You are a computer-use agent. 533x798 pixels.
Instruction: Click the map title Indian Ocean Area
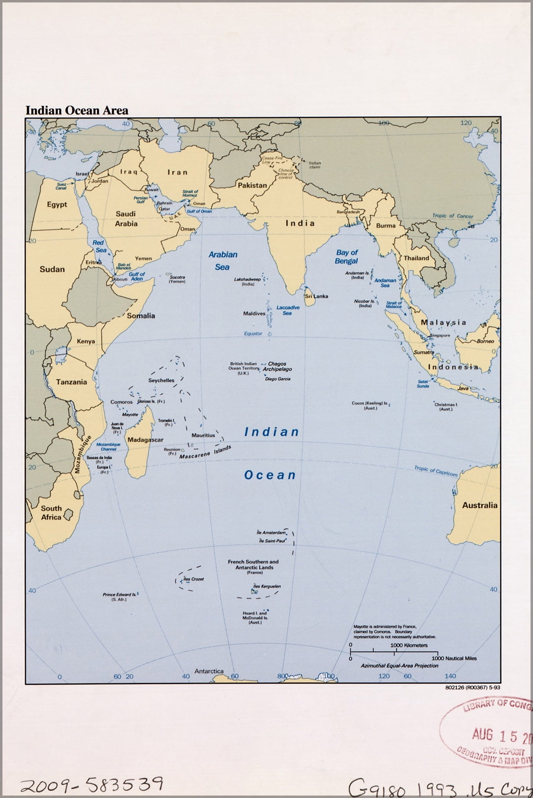[77, 111]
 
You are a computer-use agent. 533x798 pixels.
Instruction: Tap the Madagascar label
[145, 440]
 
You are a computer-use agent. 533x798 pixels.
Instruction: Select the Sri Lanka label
[316, 296]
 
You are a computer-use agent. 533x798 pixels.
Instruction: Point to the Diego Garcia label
[278, 379]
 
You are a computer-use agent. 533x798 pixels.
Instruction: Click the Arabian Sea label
[223, 260]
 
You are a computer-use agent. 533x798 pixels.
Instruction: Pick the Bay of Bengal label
[346, 256]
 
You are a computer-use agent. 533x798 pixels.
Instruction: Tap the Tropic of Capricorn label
[435, 471]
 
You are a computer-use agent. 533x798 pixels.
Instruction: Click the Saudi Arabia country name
[126, 219]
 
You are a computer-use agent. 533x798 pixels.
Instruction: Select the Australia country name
[479, 505]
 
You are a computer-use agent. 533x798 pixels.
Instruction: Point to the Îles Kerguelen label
[268, 586]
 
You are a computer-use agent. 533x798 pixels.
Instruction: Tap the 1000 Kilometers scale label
[409, 645]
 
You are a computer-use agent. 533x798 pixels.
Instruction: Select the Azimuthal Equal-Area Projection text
[399, 666]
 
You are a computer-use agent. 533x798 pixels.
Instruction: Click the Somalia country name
[141, 316]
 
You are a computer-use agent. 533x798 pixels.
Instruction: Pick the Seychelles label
[161, 381]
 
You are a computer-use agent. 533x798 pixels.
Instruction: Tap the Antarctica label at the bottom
[209, 671]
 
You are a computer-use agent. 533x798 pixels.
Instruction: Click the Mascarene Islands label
[205, 453]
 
